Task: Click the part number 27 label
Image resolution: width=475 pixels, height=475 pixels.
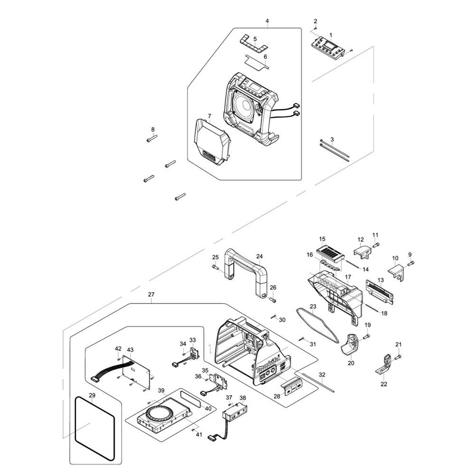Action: coord(151,294)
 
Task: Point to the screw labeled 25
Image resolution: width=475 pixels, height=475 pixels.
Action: coord(215,267)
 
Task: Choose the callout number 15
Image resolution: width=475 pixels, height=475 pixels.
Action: coord(322,239)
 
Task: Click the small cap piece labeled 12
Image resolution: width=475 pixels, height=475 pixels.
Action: coord(362,251)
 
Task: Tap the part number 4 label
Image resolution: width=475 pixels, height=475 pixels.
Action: coord(267,21)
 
